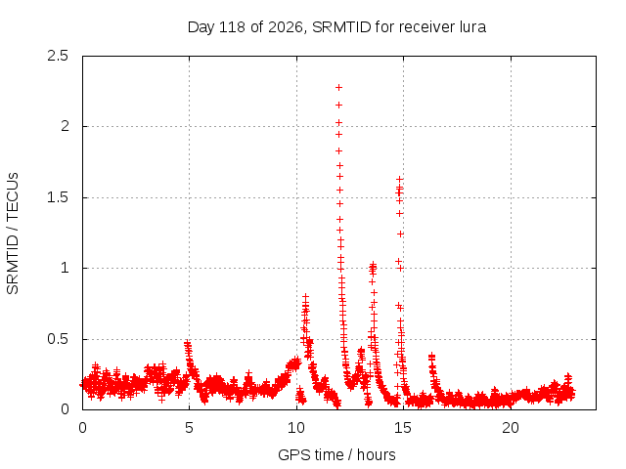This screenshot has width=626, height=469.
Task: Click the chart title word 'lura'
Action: tap(472, 27)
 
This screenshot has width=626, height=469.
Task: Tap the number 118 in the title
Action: tap(233, 27)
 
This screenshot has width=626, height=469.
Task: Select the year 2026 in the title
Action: tap(285, 27)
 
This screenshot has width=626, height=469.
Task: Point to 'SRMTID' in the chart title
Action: tap(341, 27)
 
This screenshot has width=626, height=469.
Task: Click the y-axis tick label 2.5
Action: tap(58, 56)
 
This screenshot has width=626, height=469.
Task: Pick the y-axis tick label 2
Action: tap(65, 126)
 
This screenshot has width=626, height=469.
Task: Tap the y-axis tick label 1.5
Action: tap(58, 197)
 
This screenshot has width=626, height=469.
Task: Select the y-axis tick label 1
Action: tap(66, 268)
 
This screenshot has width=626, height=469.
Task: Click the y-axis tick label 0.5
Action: tap(58, 339)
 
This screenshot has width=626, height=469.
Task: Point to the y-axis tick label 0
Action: tap(65, 409)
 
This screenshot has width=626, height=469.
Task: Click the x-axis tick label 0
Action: tap(82, 428)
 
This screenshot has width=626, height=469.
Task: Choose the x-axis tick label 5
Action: tap(189, 428)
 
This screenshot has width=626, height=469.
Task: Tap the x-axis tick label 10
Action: tap(296, 428)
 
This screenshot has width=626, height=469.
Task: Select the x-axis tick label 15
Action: tap(403, 428)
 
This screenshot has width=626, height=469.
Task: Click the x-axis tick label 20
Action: tap(511, 428)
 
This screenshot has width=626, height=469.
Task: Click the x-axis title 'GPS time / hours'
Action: tap(336, 454)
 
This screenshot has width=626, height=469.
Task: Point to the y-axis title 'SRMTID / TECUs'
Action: tap(13, 234)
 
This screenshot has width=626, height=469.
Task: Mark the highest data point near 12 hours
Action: tap(339, 87)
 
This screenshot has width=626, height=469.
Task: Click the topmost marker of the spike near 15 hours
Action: tap(399, 180)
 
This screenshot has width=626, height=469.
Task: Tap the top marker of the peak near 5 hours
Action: tap(187, 343)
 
